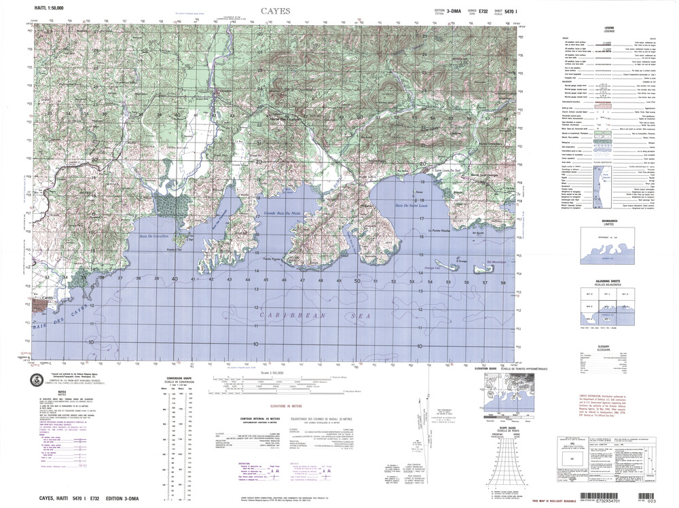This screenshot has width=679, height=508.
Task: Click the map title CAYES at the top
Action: [275, 11]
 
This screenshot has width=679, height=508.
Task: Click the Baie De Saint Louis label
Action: [416, 204]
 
